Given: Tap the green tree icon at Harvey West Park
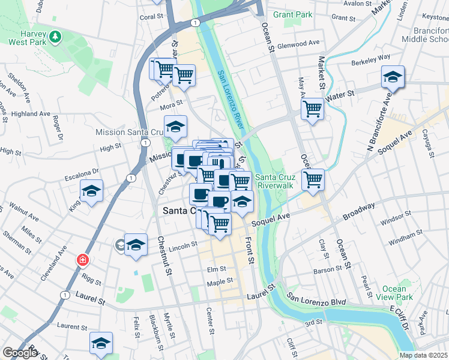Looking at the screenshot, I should [55, 37].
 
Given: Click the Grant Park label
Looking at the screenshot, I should [293, 14].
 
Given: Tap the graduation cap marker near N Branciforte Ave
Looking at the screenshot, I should [393, 77].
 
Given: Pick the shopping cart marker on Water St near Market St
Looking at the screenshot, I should [312, 109].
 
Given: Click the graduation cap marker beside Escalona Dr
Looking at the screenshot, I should [91, 191].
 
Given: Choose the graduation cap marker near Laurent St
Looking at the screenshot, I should [101, 343].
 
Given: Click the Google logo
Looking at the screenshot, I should [20, 353].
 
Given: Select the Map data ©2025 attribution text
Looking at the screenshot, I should [423, 355].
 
